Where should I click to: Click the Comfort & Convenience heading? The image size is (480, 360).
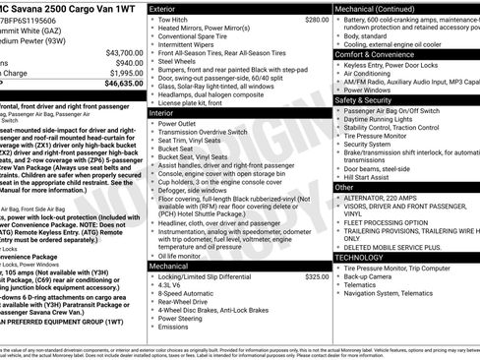pos(376,54)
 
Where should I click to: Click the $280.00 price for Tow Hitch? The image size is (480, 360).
pos(317,20)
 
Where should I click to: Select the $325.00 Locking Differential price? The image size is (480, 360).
pos(317,277)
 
